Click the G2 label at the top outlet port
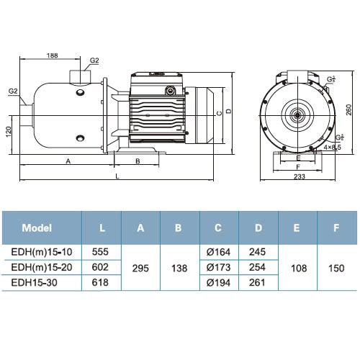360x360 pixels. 94,63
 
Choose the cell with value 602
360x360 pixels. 102,267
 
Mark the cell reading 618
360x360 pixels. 102,283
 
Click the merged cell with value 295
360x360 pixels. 140,267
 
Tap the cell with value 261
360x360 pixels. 257,283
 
